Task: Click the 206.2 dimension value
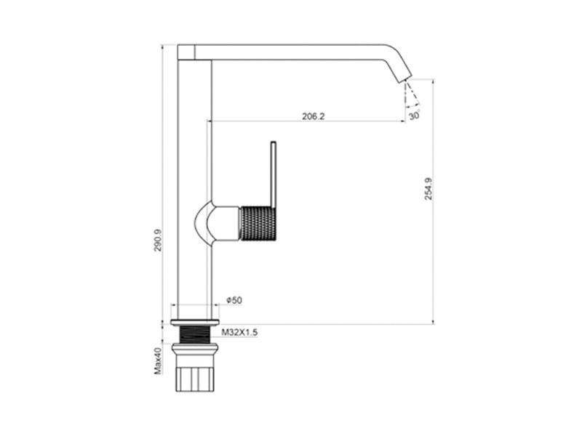pyautogui.click(x=313, y=116)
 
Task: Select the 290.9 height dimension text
pyautogui.click(x=158, y=241)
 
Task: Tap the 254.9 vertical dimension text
pyautogui.click(x=428, y=189)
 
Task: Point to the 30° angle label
pyautogui.click(x=414, y=116)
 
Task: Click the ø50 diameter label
pyautogui.click(x=234, y=300)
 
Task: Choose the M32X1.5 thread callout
pyautogui.click(x=239, y=332)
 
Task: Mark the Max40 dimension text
pyautogui.click(x=158, y=360)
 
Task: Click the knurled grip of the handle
pyautogui.click(x=258, y=223)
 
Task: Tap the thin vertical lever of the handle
pyautogui.click(x=274, y=174)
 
